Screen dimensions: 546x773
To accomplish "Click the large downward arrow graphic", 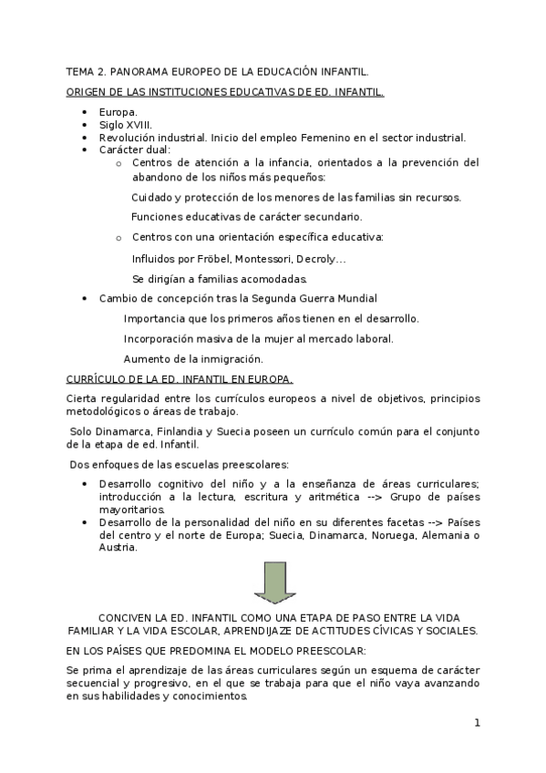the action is click(x=272, y=582).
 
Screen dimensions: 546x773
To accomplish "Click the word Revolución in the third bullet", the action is click(x=128, y=138).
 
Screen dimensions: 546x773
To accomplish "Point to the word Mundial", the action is click(x=355, y=298).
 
